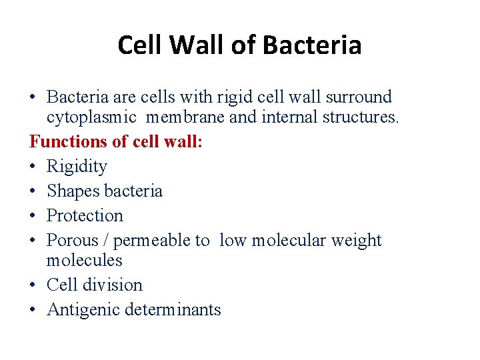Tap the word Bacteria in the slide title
coord(312,45)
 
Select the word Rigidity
coord(77,167)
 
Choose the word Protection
coord(85,216)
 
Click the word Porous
coord(70,241)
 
